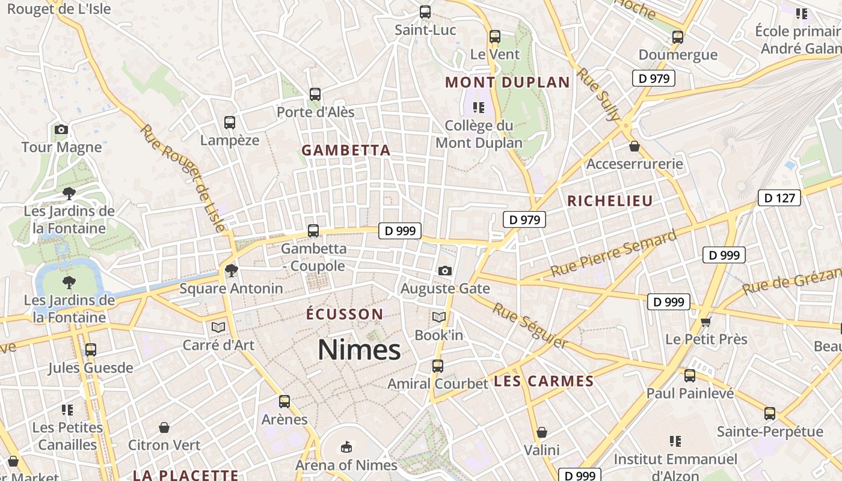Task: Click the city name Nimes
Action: click(x=359, y=349)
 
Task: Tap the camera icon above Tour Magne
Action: click(x=61, y=129)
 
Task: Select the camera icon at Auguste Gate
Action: click(x=445, y=271)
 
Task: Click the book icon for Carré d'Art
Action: click(x=218, y=327)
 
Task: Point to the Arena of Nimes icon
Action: click(x=346, y=447)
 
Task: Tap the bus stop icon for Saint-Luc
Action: click(x=425, y=11)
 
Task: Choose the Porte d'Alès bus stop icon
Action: click(x=315, y=94)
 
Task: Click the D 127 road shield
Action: click(x=779, y=197)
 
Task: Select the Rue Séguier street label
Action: click(x=530, y=325)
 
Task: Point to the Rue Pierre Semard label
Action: click(x=613, y=253)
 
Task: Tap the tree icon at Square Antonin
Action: click(x=231, y=271)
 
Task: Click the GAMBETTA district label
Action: click(x=346, y=150)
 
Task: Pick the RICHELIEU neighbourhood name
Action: click(x=610, y=201)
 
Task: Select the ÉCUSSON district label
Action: click(x=345, y=314)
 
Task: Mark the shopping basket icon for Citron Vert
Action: click(x=164, y=427)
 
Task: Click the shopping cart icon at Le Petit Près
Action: click(x=706, y=322)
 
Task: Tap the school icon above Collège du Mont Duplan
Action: click(x=479, y=108)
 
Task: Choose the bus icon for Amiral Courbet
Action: click(x=438, y=366)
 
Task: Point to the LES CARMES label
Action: click(x=544, y=381)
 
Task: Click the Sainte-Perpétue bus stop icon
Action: click(x=770, y=413)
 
